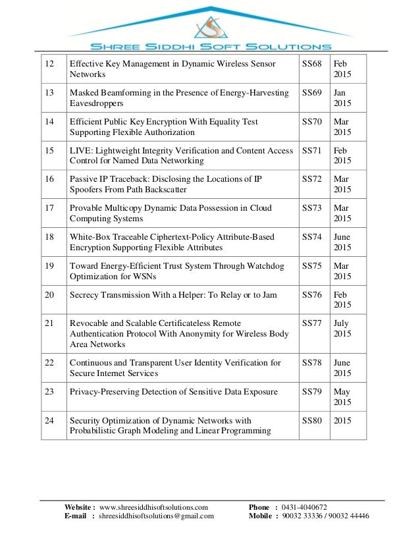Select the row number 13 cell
pyautogui.click(x=49, y=93)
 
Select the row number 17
pyautogui.click(x=49, y=208)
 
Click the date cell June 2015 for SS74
pyautogui.click(x=342, y=242)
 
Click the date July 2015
pyautogui.click(x=342, y=329)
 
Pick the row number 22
pyautogui.click(x=49, y=363)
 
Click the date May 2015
pyautogui.click(x=342, y=397)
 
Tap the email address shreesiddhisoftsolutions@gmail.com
pyautogui.click(x=157, y=516)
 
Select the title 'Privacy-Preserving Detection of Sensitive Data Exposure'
pyautogui.click(x=174, y=392)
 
